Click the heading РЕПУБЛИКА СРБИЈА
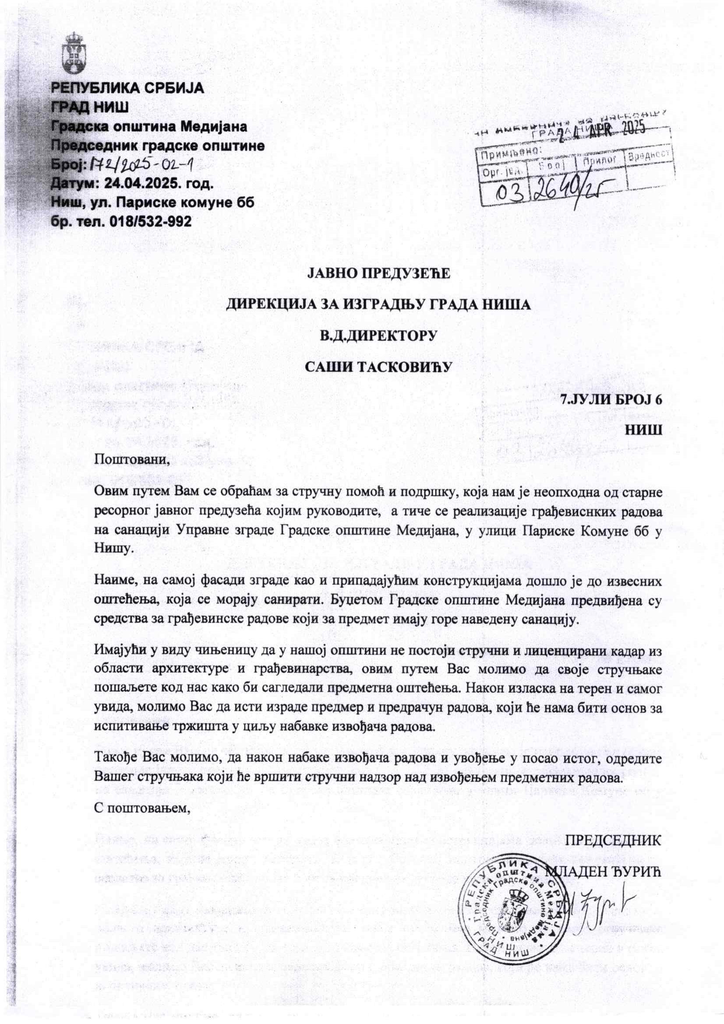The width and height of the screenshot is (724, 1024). (x=128, y=88)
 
